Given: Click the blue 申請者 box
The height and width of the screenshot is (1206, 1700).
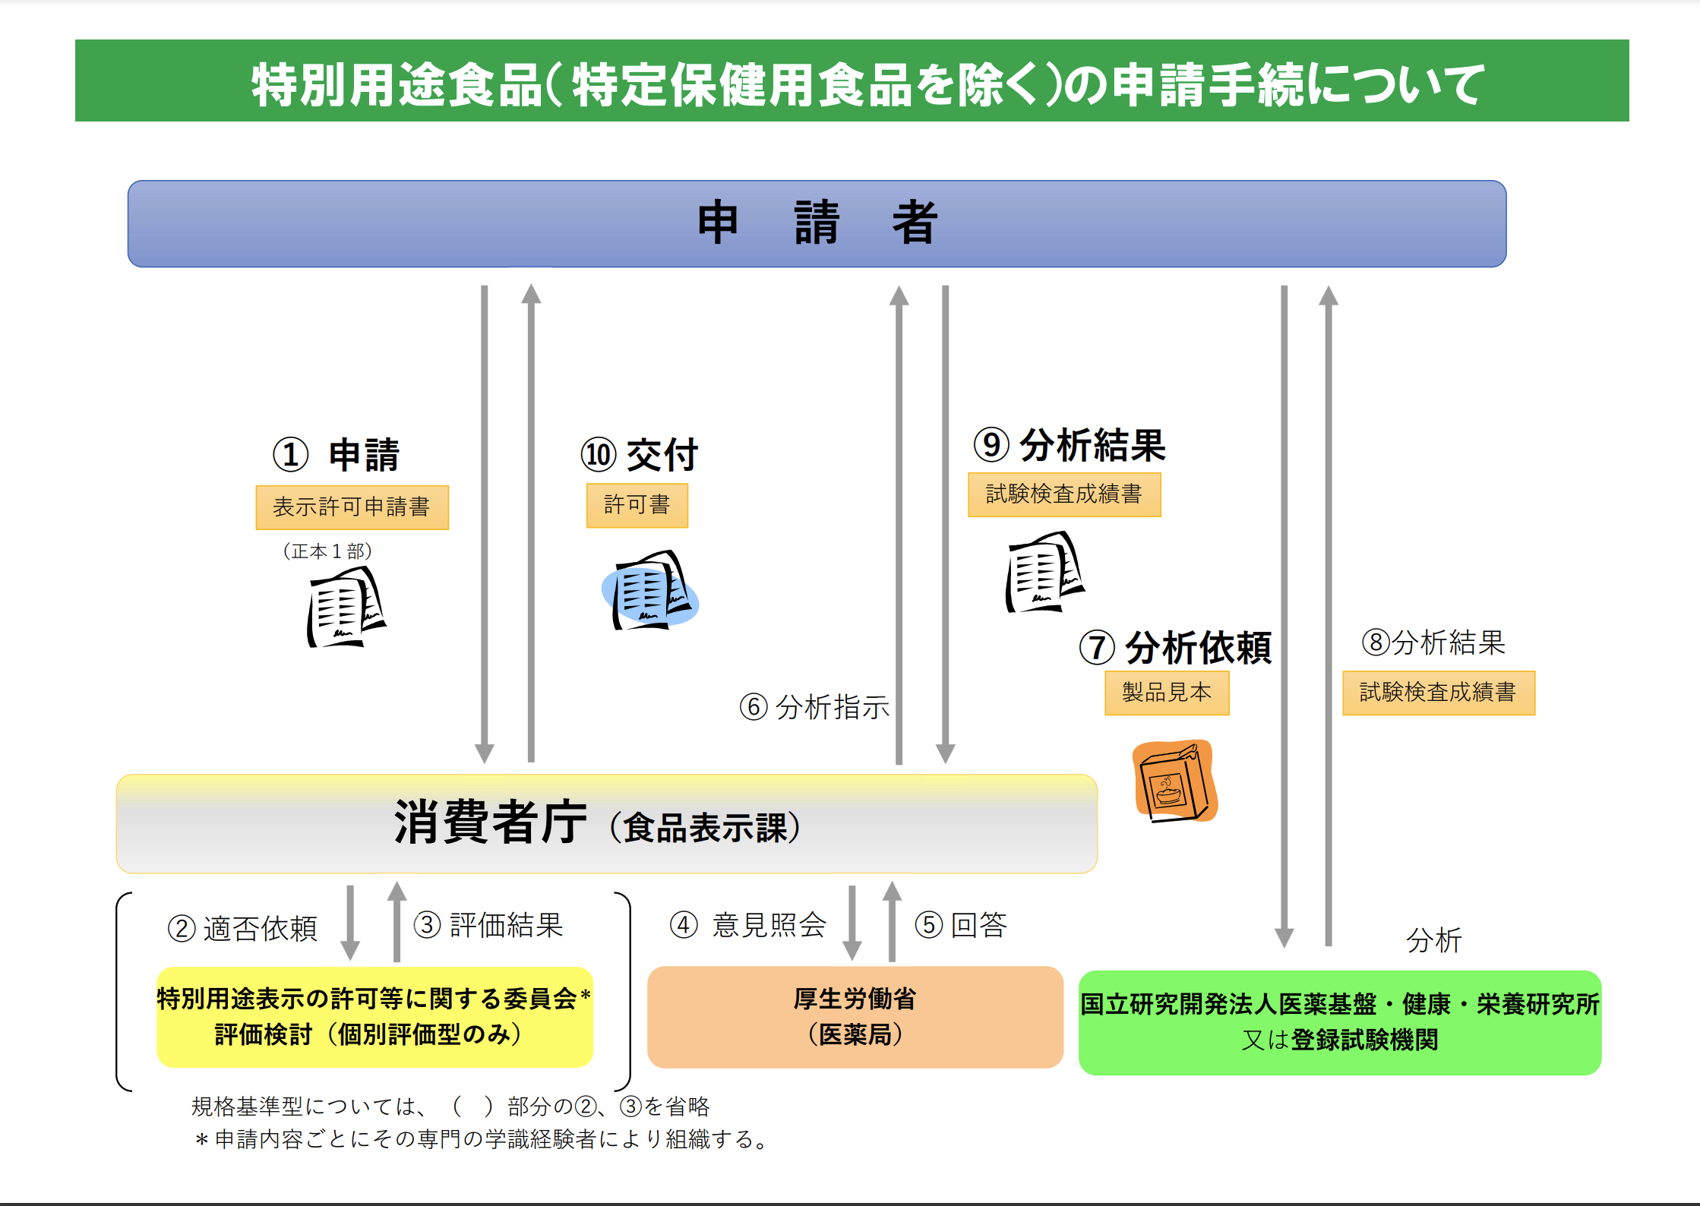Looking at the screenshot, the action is point(817,224).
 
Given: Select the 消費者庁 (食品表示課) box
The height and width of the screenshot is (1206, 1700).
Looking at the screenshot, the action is point(606,824).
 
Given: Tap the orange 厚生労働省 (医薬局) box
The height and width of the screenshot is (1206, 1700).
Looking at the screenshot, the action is point(855,1017).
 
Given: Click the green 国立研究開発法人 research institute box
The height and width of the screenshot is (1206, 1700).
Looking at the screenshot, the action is point(1340,1022).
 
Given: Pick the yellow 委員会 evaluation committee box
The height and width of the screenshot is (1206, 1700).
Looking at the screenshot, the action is point(374,1017).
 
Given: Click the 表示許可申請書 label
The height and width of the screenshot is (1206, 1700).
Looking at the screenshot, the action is point(352,507).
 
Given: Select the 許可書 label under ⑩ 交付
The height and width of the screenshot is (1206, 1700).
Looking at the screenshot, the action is point(637,505).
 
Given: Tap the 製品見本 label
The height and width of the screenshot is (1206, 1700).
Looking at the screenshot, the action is point(1167,693).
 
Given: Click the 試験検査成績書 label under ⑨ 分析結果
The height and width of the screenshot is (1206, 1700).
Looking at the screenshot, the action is point(1064,494).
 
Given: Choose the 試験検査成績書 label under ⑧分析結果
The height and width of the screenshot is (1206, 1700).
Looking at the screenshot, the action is point(1439,693).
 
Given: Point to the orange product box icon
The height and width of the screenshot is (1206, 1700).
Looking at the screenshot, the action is point(1174,781).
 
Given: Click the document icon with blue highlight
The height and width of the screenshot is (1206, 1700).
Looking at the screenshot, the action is point(650,591).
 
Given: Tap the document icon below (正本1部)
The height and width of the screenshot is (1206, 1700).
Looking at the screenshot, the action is point(346,608).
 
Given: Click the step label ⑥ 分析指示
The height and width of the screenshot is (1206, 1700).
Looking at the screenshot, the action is point(814,707).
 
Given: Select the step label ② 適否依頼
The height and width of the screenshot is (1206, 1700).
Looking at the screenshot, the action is point(242,928).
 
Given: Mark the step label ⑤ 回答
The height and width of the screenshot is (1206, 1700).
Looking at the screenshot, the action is point(961,925).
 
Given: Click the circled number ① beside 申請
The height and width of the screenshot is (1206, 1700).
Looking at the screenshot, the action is point(291,455).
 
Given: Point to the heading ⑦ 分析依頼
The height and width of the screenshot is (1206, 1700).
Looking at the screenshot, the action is point(1175,648).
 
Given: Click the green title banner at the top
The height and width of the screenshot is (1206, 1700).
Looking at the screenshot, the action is point(852,81).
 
